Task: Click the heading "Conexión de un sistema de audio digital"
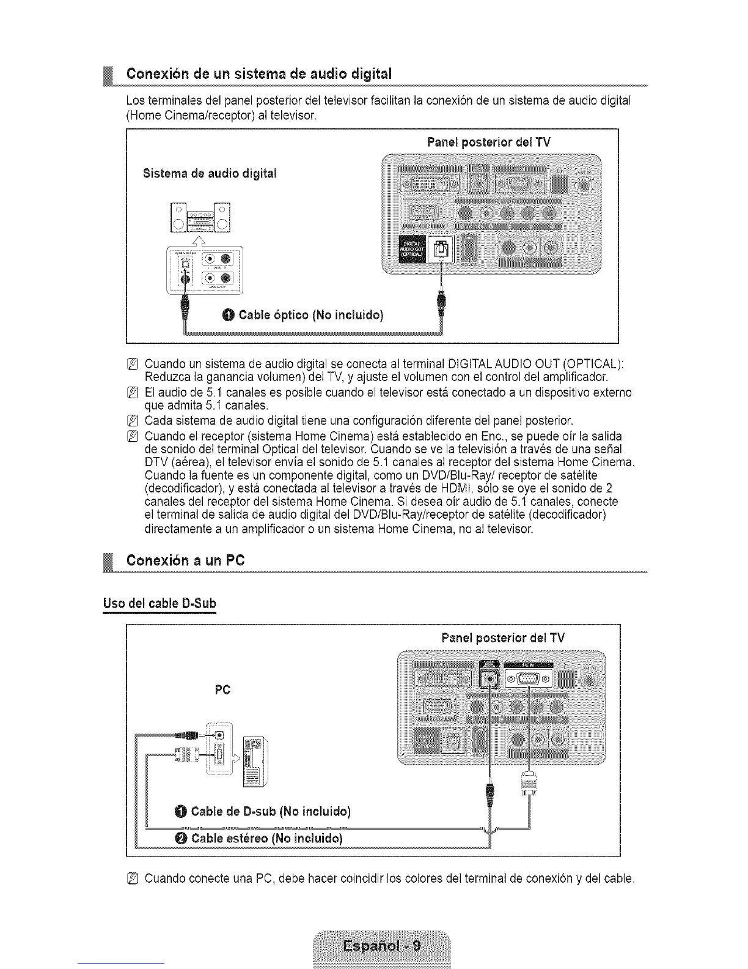click(x=258, y=75)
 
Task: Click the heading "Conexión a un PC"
click(x=185, y=560)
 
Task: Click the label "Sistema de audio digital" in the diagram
click(x=210, y=174)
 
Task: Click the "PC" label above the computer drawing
click(x=222, y=690)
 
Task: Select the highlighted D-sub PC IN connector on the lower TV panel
click(x=527, y=678)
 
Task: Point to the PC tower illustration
click(x=254, y=762)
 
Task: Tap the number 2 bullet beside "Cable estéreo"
click(x=180, y=837)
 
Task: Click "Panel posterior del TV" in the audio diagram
click(x=489, y=143)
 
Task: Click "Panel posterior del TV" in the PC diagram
click(x=503, y=638)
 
